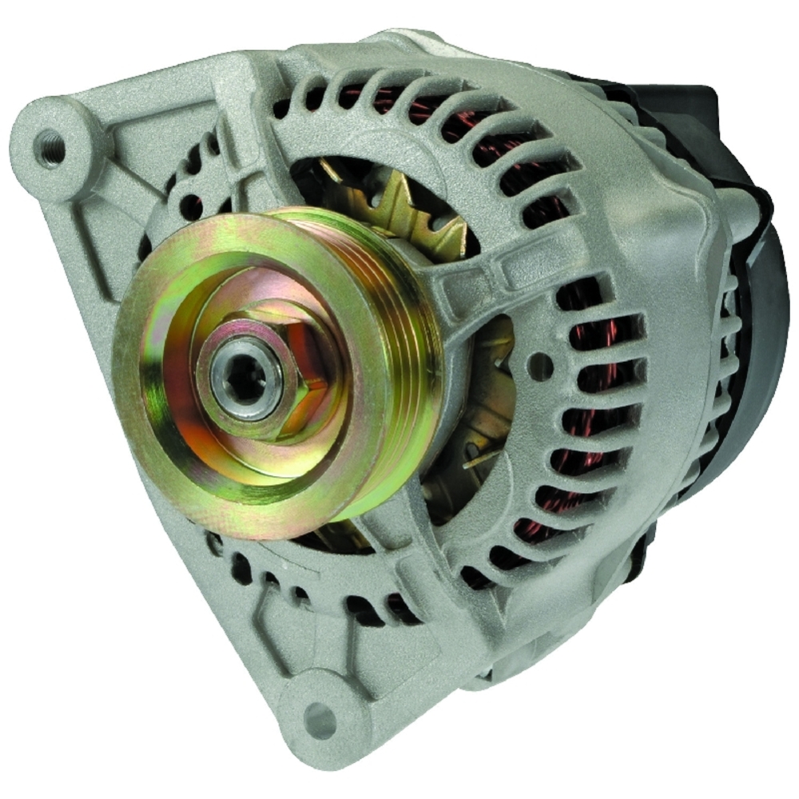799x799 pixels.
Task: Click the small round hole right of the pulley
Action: [x=541, y=367]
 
